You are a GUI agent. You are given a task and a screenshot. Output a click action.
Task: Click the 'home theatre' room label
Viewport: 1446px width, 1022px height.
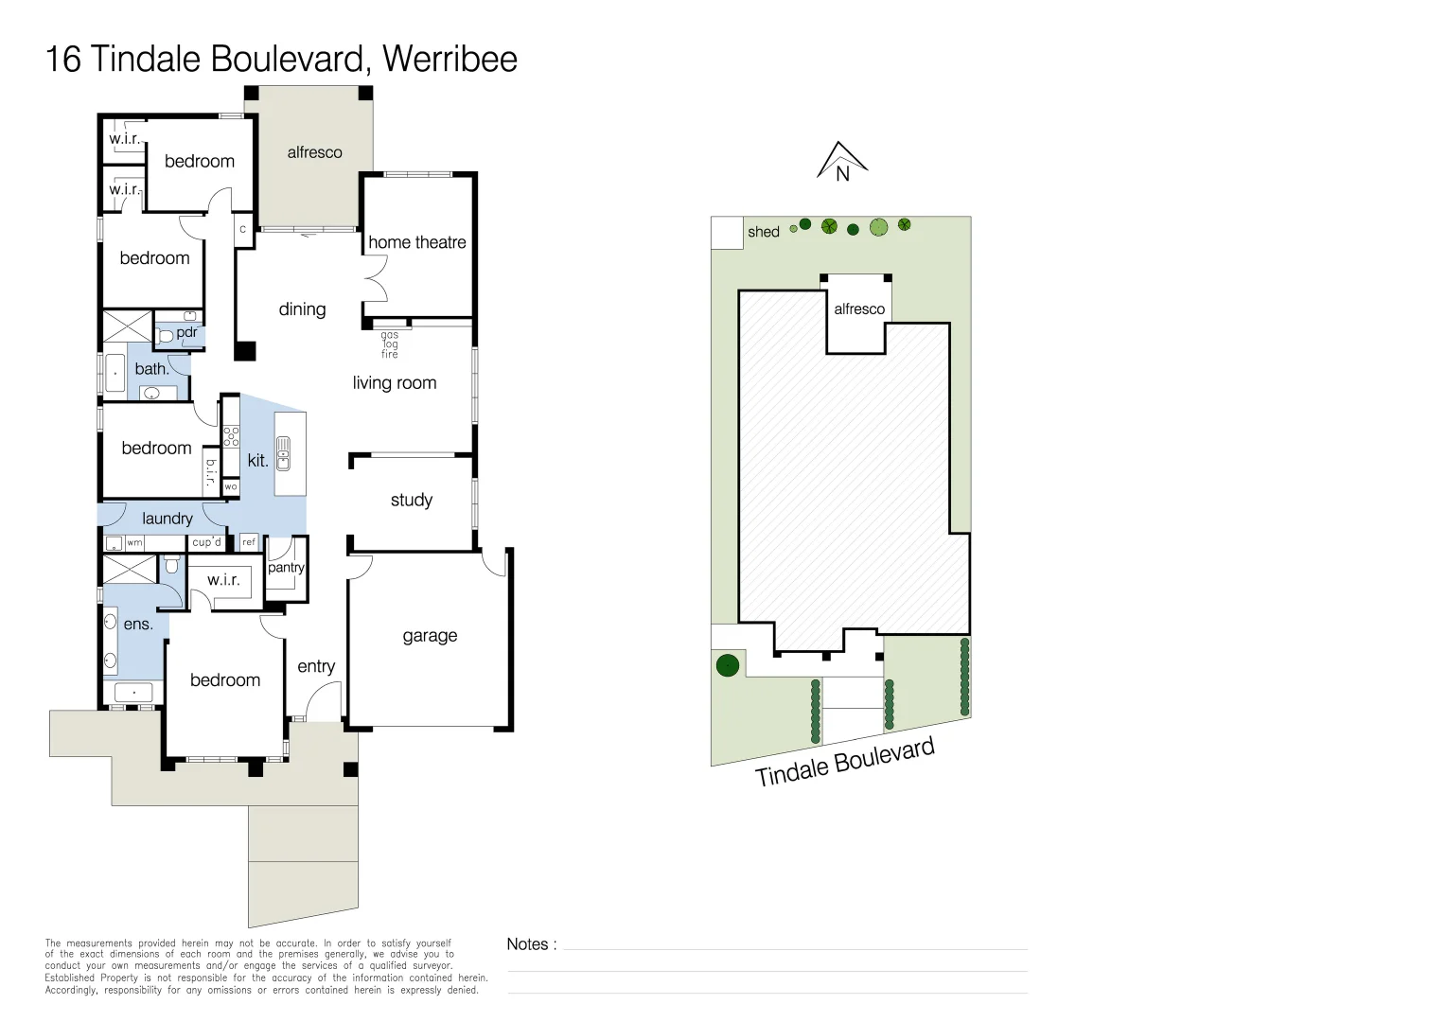tap(416, 242)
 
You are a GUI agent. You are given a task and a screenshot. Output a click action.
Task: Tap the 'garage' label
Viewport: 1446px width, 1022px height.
tap(430, 636)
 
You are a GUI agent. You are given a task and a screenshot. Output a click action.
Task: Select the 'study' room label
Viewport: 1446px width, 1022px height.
tap(411, 500)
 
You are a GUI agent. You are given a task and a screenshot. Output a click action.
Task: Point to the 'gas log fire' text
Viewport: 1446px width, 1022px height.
tap(390, 344)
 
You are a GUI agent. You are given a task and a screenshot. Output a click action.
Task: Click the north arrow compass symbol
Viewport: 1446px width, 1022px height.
tap(841, 162)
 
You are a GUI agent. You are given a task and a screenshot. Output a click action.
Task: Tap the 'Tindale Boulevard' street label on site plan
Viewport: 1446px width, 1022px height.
tap(844, 763)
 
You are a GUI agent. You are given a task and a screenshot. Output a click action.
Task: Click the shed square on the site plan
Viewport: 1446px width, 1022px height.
tap(727, 233)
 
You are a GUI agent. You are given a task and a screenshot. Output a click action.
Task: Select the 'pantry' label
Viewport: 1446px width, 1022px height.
tap(286, 568)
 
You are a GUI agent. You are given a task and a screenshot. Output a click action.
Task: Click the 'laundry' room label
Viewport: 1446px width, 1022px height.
tap(167, 519)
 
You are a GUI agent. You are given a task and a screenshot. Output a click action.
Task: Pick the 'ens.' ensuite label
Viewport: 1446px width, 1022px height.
tap(138, 625)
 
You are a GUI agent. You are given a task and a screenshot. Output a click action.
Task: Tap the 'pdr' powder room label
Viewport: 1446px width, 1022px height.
tap(186, 332)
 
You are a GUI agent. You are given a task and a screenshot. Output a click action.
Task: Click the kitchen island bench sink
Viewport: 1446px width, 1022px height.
tap(283, 454)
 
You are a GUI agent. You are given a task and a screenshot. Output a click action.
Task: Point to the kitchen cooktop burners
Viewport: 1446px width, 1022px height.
tap(231, 436)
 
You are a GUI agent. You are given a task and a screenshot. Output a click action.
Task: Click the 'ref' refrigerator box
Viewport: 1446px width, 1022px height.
tap(249, 542)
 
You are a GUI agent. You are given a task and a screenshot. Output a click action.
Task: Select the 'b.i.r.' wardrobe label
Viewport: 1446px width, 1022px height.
tap(210, 472)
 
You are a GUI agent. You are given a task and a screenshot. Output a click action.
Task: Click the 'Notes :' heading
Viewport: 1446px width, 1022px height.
tap(531, 944)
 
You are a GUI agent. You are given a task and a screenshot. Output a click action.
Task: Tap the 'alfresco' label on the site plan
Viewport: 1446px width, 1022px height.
tap(859, 309)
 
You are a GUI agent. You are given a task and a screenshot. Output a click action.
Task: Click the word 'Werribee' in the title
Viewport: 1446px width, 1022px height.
tap(450, 59)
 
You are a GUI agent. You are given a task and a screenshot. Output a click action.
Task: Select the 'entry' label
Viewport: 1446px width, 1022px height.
tap(316, 666)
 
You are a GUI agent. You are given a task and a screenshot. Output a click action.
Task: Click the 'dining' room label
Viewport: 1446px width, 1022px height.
tap(302, 309)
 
